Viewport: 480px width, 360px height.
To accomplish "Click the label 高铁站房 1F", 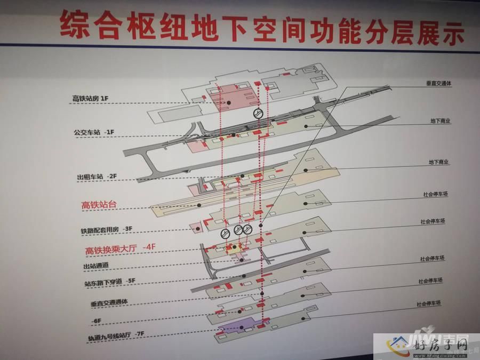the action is click(90, 99).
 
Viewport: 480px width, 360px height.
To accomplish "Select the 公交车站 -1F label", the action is click(94, 132).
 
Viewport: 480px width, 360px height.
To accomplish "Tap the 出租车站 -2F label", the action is click(97, 177).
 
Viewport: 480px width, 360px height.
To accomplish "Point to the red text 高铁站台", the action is click(99, 205).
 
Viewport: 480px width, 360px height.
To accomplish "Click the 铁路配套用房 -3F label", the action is click(107, 229).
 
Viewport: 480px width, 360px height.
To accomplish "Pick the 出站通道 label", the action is click(96, 266).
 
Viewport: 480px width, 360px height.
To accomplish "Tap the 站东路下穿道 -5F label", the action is click(110, 282).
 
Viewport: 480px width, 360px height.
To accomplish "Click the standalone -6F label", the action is click(96, 321).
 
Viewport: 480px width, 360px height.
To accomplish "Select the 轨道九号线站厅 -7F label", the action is click(116, 336).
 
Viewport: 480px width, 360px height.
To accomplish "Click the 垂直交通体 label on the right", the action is click(439, 83).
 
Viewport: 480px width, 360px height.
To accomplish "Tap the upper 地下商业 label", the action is click(440, 121).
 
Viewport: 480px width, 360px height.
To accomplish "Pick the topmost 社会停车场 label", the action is click(436, 194).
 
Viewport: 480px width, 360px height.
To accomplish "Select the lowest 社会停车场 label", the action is click(429, 303).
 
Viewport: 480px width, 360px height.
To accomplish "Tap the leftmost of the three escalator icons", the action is click(225, 234).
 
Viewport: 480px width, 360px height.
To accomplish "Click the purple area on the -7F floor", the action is click(237, 326).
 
